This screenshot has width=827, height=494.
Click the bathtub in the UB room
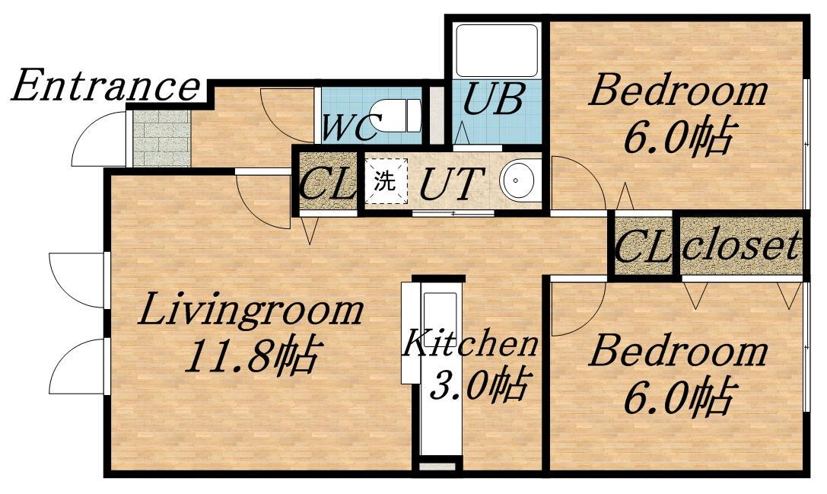496,51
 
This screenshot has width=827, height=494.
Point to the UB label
493,99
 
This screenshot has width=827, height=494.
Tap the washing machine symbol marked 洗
384,181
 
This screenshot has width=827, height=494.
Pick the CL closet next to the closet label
642,246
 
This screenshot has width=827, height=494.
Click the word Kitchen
469,343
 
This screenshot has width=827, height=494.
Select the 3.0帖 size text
479,384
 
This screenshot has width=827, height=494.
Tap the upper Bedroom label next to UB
678,91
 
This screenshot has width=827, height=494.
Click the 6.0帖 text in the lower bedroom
679,397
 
